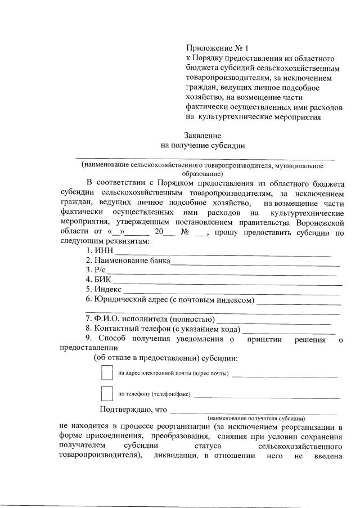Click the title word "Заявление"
pyautogui.click(x=202, y=135)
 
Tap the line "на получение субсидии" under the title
pyautogui.click(x=202, y=145)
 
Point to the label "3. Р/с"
pyautogui.click(x=96, y=270)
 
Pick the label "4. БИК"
pyautogui.click(x=98, y=279)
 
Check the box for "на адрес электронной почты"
pyautogui.click(x=107, y=373)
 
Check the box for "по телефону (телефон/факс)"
pyautogui.click(x=107, y=393)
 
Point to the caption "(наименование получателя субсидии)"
pyautogui.click(x=256, y=419)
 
